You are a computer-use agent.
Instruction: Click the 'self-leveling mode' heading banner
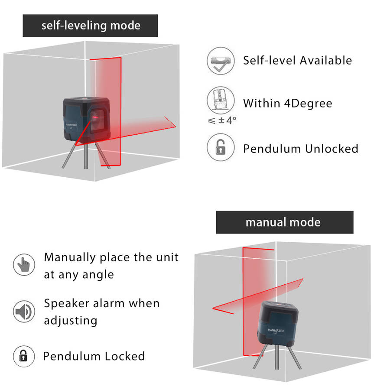[90, 26]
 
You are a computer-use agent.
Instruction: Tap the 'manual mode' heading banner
[285, 222]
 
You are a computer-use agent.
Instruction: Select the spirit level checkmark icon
[221, 61]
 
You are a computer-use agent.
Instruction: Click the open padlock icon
[221, 147]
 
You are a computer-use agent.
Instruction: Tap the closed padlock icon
[24, 356]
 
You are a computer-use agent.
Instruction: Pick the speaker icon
[24, 312]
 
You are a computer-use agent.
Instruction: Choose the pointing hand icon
[24, 265]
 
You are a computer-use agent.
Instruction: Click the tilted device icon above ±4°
[221, 100]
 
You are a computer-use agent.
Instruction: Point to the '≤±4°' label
[222, 120]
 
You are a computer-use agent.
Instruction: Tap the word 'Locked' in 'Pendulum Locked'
[125, 356]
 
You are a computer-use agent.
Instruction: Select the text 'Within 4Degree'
[288, 103]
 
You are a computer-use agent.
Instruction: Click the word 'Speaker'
[67, 304]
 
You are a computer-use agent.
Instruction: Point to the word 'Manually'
[70, 258]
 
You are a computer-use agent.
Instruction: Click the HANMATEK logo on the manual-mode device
[276, 331]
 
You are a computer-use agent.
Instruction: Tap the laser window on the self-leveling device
[97, 120]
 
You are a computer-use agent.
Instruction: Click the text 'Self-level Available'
[297, 60]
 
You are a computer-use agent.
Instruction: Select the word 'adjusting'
[71, 321]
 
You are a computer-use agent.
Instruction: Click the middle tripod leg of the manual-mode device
[277, 357]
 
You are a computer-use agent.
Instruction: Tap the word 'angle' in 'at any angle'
[98, 275]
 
